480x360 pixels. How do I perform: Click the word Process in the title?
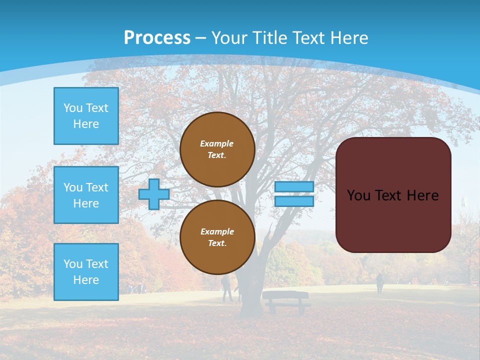click(x=157, y=38)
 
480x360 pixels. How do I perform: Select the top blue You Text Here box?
click(x=86, y=116)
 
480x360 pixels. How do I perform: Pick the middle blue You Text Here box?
click(x=86, y=195)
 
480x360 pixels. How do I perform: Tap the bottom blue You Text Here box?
click(x=86, y=272)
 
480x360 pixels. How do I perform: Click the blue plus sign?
click(x=153, y=194)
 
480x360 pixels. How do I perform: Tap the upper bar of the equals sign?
click(x=294, y=186)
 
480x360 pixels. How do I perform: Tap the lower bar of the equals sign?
click(x=294, y=201)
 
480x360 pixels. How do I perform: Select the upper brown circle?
click(x=217, y=149)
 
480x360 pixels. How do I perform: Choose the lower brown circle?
click(x=217, y=237)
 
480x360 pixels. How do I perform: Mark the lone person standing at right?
click(x=379, y=283)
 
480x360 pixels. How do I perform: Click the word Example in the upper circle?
click(x=216, y=143)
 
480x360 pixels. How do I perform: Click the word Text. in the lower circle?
click(x=217, y=243)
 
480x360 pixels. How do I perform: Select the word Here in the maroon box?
click(x=422, y=195)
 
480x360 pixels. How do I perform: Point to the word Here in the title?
click(x=349, y=38)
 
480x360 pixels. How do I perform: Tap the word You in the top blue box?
click(x=72, y=108)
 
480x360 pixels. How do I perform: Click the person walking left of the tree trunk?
click(x=226, y=288)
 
